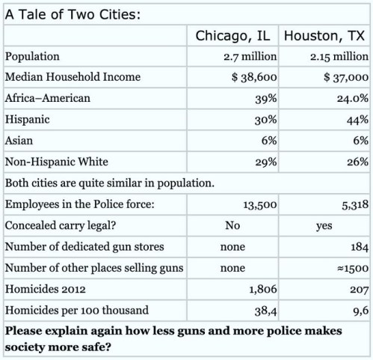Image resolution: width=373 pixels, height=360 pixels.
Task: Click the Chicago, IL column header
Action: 234,36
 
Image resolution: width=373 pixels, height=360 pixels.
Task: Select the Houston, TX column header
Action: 325,36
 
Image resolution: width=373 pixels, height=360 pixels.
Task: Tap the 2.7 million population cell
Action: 250,56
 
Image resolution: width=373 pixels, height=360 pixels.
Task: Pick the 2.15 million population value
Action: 339,56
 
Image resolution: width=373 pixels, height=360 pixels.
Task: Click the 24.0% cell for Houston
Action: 351,98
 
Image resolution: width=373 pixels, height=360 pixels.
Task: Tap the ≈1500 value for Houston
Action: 352,267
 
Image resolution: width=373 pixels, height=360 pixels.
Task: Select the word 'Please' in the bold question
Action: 24,330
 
